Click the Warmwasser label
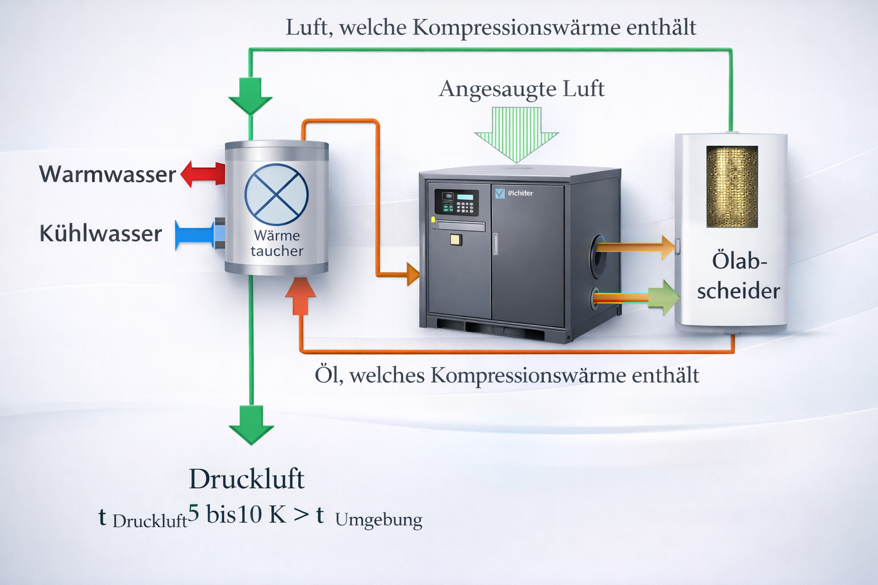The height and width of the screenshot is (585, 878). pos(107,174)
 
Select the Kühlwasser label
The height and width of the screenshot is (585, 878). pos(101,234)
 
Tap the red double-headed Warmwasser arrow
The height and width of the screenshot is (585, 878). pos(203,174)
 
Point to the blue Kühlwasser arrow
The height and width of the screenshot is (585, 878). pos(194,235)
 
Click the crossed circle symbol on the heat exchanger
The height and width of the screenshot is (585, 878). pos(277,194)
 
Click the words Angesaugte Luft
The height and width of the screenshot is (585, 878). pos(521,89)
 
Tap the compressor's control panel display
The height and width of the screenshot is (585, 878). pos(465,197)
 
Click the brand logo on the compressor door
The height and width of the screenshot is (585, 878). pos(514,193)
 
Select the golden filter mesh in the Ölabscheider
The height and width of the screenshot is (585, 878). pos(732,186)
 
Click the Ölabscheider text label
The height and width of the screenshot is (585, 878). pos(739,276)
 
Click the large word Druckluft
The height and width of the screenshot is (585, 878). pos(246,479)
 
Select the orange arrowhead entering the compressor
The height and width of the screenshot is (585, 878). pos(413,274)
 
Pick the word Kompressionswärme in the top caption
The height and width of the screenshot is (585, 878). pos(516,27)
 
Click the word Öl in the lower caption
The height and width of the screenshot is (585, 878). pos(329,375)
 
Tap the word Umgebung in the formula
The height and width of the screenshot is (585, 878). pos(378,520)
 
